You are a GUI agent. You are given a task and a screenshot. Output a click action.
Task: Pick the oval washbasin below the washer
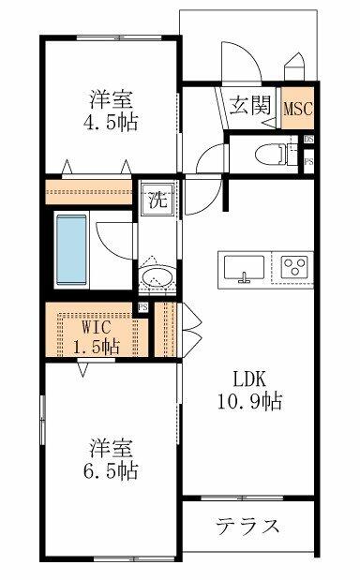156,277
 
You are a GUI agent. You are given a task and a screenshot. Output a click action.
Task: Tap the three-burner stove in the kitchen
293,266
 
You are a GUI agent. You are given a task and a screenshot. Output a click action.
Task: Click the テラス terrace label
247,525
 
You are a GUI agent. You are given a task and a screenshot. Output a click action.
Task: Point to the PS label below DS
308,162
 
